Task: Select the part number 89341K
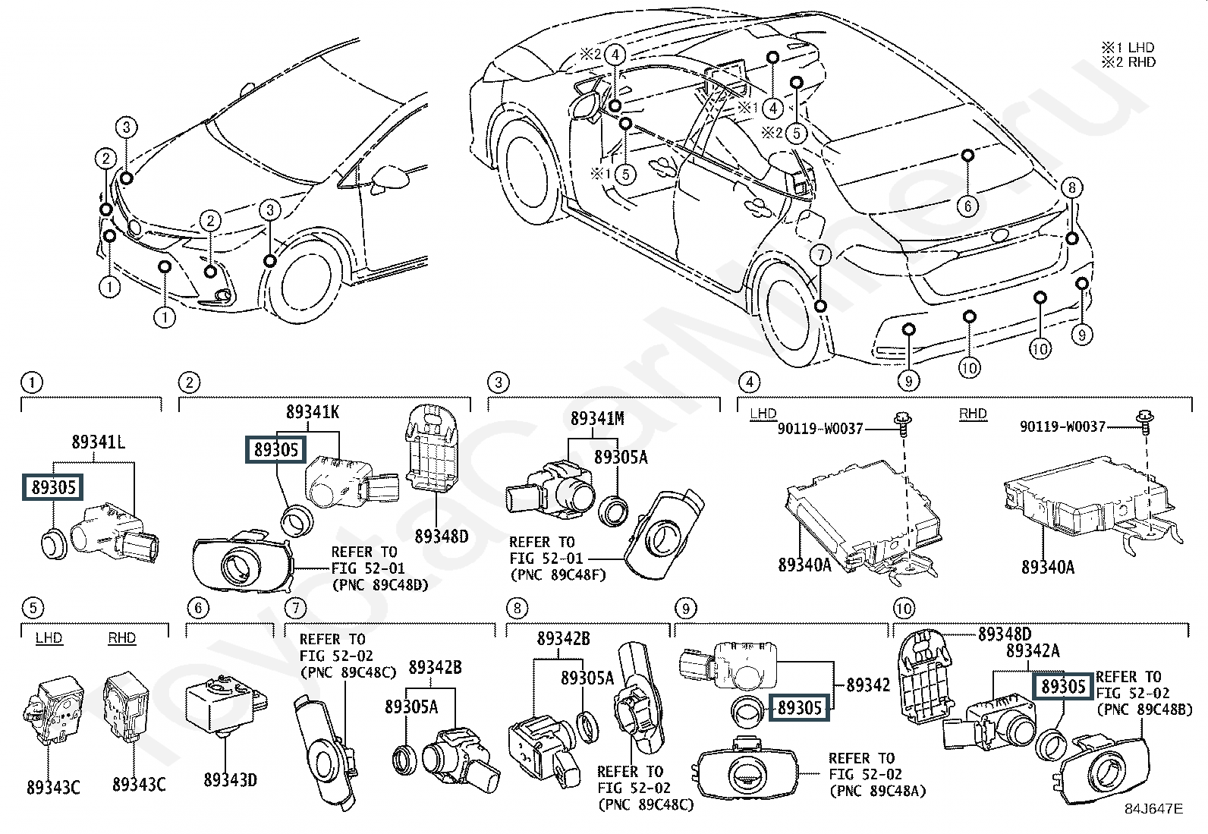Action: [313, 413]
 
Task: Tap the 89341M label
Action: [597, 418]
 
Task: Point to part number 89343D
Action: [230, 779]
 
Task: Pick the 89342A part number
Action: [1033, 650]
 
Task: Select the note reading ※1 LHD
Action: [1128, 48]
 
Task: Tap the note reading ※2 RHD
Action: [1128, 62]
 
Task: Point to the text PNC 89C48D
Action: [379, 584]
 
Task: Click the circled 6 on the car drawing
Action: [968, 206]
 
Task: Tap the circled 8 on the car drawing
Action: [1071, 188]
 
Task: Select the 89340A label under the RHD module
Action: [1047, 567]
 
